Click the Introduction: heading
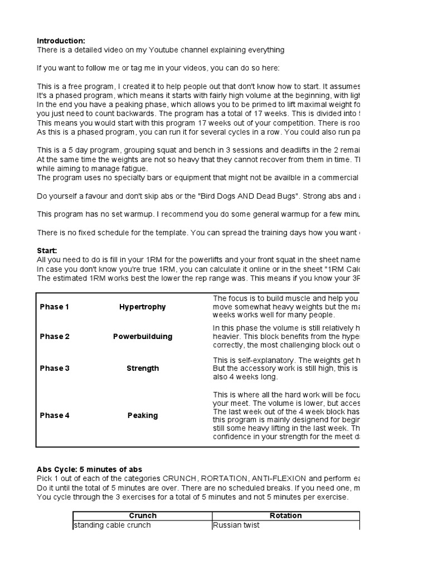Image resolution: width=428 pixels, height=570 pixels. (61, 41)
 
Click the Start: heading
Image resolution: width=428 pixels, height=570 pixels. (47, 251)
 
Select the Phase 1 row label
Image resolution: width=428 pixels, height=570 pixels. (55, 307)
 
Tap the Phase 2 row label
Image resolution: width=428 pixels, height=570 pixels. (55, 337)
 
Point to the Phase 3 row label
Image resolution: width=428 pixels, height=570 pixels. (55, 368)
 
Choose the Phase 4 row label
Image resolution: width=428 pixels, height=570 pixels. (55, 415)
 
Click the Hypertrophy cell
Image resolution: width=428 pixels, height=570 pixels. (143, 307)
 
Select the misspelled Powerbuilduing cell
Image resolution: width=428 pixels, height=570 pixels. (143, 337)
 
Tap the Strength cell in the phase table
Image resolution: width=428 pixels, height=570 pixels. (143, 368)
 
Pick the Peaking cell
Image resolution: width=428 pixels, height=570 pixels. (143, 415)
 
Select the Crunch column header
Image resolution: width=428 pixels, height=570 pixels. (143, 515)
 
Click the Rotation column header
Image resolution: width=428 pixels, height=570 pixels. (285, 515)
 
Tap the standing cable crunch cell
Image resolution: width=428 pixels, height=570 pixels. (112, 525)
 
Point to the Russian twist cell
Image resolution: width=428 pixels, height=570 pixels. (236, 525)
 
